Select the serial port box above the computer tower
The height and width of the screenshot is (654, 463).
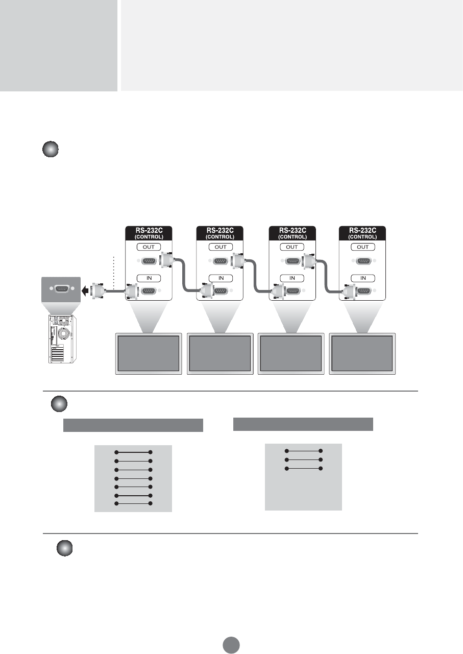[x=60, y=288]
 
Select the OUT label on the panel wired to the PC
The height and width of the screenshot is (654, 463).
[x=149, y=247]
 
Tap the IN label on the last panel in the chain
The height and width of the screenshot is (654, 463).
[x=363, y=278]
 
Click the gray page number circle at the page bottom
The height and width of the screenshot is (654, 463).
[x=231, y=644]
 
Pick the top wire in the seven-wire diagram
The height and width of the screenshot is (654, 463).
[x=134, y=452]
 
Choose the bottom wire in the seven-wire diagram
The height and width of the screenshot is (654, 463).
[x=134, y=503]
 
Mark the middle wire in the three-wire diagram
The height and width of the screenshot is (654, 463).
[x=304, y=460]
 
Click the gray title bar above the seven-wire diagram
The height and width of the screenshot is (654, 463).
[x=133, y=425]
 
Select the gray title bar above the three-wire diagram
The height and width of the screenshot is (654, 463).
[x=303, y=424]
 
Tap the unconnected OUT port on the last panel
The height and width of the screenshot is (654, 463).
[x=363, y=261]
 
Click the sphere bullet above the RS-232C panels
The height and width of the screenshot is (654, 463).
[x=50, y=151]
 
